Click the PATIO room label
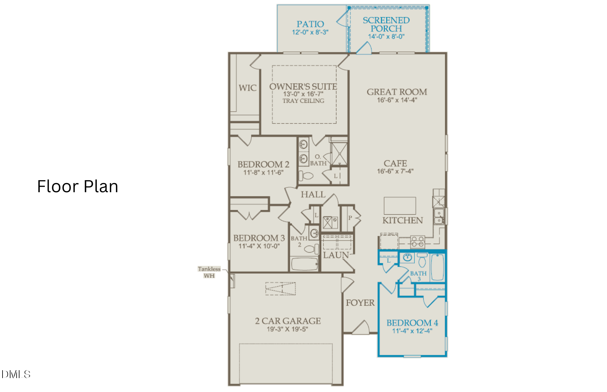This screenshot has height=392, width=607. click(x=310, y=24)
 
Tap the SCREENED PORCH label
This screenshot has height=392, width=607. click(x=386, y=24)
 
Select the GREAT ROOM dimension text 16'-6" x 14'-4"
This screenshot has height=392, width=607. click(x=397, y=100)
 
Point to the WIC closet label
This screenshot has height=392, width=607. click(x=248, y=88)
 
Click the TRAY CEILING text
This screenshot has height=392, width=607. click(x=303, y=101)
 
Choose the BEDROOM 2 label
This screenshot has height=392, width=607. click(x=263, y=164)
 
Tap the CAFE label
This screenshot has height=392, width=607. click(x=395, y=163)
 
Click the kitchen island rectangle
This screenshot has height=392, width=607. click(x=400, y=206)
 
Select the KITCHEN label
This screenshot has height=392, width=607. click(x=402, y=220)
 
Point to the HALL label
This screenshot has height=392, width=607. click(x=313, y=194)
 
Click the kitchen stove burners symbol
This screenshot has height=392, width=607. click(x=418, y=242)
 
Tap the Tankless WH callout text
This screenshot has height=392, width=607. click(x=209, y=272)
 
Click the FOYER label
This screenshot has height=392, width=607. click(x=360, y=303)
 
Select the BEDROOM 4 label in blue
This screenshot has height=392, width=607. click(x=412, y=323)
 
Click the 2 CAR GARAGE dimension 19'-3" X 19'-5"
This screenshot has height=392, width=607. click(x=287, y=329)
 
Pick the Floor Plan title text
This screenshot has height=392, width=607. click(x=78, y=186)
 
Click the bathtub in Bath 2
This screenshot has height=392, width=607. click(x=304, y=264)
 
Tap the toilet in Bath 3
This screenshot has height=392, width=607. click(x=422, y=260)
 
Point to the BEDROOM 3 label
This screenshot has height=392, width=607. click(x=259, y=238)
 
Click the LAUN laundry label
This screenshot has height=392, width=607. click(x=336, y=255)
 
